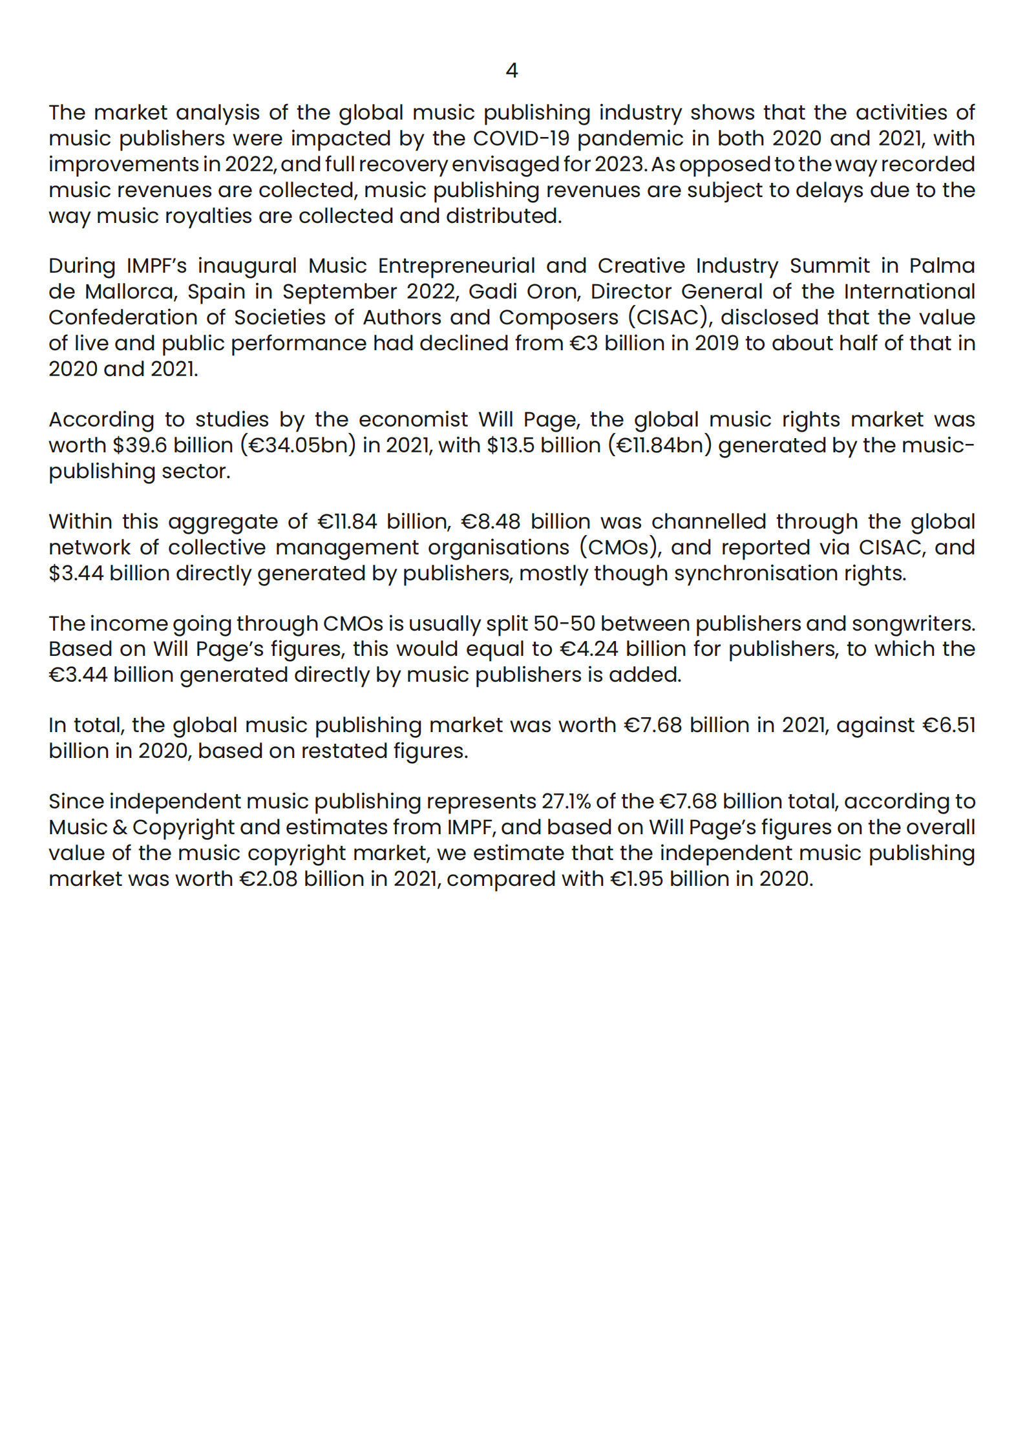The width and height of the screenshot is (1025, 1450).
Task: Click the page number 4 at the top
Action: click(x=511, y=70)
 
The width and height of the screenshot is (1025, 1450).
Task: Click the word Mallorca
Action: click(x=131, y=291)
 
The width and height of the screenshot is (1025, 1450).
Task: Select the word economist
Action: click(x=413, y=419)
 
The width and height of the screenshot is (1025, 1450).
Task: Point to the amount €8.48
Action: click(x=491, y=521)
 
